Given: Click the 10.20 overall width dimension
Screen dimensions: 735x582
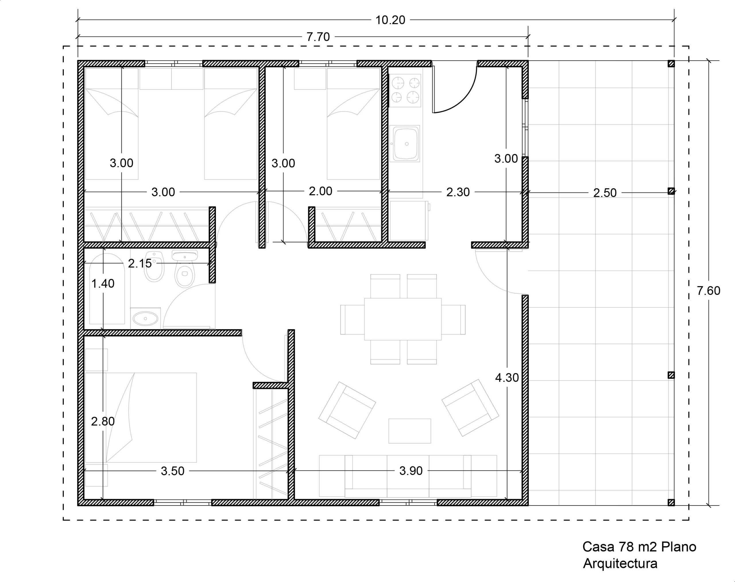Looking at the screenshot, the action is pos(390,20).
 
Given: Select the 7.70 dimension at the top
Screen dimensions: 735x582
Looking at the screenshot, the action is pos(318,37).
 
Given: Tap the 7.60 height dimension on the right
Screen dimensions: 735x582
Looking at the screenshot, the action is pos(709,291).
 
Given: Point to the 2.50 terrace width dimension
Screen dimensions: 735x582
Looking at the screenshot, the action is pos(605,193).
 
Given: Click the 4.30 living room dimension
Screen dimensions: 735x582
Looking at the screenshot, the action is pos(507,378).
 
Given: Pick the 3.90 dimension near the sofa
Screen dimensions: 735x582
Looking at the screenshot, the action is pos(411,470).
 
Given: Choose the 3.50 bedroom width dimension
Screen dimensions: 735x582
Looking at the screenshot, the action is pos(173,471).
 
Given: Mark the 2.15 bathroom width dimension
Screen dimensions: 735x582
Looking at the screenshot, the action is pos(140,263).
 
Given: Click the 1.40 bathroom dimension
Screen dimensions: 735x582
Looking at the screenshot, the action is pos(103,283).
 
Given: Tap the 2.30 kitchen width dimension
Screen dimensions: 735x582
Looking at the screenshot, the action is pos(458,192).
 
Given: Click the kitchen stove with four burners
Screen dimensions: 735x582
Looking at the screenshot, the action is pos(405,90).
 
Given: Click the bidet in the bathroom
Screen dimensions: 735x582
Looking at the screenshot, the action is pos(154,267).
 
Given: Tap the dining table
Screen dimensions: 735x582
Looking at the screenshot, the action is pos(403,319).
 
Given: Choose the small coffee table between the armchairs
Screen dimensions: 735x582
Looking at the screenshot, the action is pos(409,431).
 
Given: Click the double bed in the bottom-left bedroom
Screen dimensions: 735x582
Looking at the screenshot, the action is pos(141,417).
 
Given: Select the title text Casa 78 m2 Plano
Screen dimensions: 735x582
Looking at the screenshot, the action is pos(639,547).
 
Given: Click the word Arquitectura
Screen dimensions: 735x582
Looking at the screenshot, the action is pos(620,564).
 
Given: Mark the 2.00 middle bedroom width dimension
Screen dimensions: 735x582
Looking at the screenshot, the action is pos(320,191).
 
